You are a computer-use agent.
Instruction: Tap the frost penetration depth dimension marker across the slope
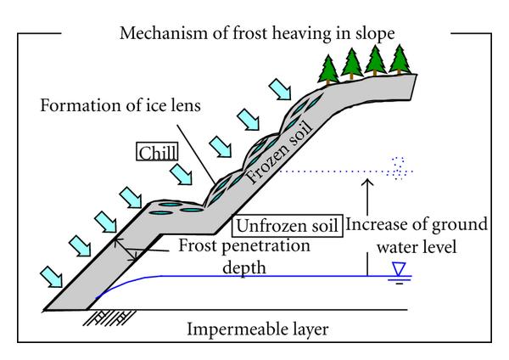click(128, 250)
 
